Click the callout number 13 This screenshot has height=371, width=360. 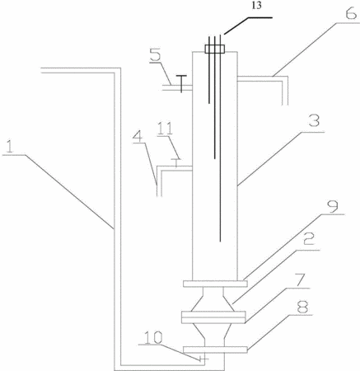pyautogui.click(x=257, y=6)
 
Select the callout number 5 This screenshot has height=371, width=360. pyautogui.click(x=157, y=56)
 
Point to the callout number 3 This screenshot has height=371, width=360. pyautogui.click(x=314, y=120)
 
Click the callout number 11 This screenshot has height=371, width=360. pyautogui.click(x=165, y=129)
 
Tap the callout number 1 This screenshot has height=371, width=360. pyautogui.click(x=10, y=147)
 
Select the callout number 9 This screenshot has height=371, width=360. pyautogui.click(x=333, y=207)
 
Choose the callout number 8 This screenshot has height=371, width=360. pyautogui.click(x=302, y=307)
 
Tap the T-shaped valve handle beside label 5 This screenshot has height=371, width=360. pyautogui.click(x=181, y=83)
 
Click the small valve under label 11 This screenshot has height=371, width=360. pyautogui.click(x=175, y=162)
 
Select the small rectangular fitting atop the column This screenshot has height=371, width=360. pyautogui.click(x=215, y=49)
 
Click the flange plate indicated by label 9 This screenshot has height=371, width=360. pyautogui.click(x=215, y=284)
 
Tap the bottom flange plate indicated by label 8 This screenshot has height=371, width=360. pyautogui.click(x=215, y=350)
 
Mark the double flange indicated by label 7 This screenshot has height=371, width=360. pyautogui.click(x=213, y=317)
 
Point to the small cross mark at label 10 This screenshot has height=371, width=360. pyautogui.click(x=203, y=359)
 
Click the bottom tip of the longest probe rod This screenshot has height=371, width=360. pyautogui.click(x=220, y=242)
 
